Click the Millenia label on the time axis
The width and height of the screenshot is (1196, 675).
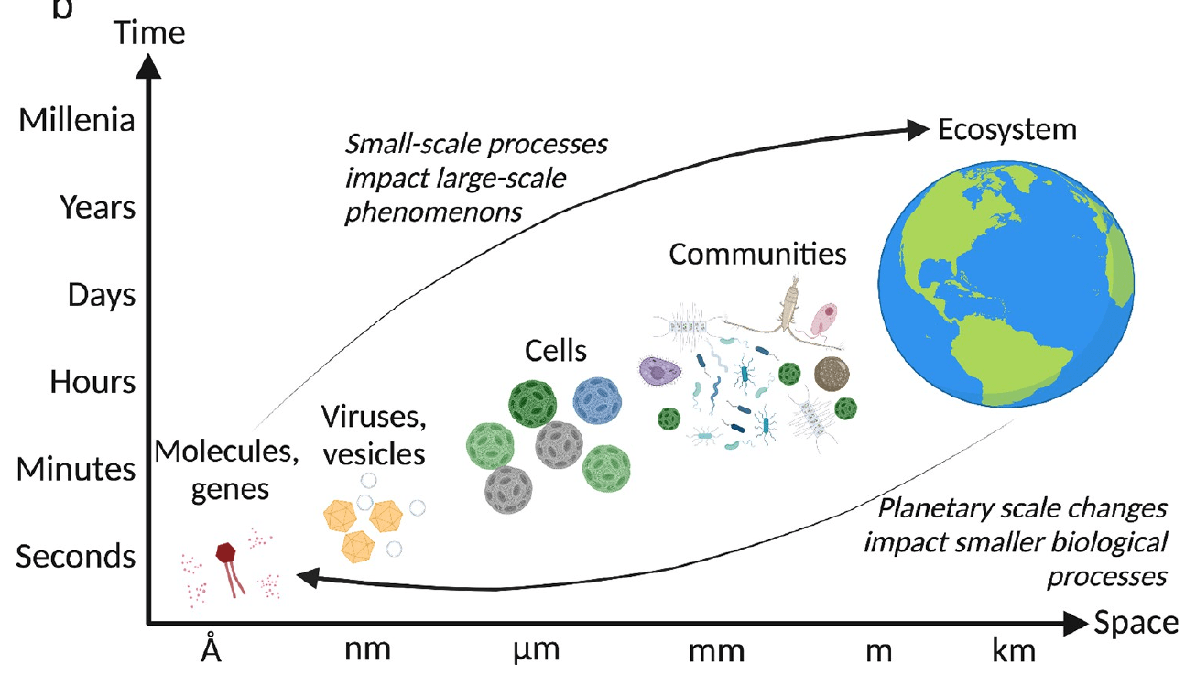[76, 121]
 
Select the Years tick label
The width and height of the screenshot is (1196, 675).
[97, 208]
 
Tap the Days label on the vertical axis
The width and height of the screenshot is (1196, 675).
[101, 295]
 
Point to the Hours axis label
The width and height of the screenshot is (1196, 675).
[92, 382]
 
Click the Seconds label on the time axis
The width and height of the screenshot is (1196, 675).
[77, 556]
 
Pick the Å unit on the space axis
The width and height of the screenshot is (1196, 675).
[212, 649]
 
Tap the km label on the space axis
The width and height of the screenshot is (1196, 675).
[1013, 649]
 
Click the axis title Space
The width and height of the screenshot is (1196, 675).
[1136, 624]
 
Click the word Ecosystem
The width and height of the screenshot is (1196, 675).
[1007, 129]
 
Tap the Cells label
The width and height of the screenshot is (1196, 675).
[555, 349]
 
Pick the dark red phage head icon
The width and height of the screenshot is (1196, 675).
[226, 552]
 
